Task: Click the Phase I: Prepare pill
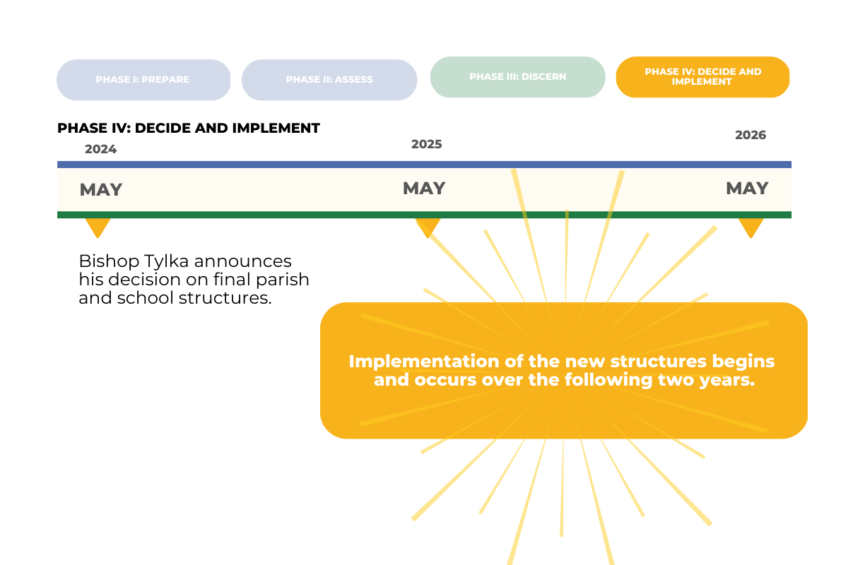tap(143, 80)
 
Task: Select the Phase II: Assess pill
tap(329, 80)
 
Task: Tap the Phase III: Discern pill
tap(517, 77)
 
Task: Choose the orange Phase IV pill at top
tap(702, 77)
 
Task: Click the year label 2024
tap(100, 149)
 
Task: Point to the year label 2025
tap(427, 144)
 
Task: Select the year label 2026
tap(750, 135)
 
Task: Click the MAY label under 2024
tap(101, 189)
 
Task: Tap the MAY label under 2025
tap(424, 188)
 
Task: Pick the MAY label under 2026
tap(748, 188)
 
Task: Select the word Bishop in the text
tap(109, 261)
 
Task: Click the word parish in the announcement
tap(283, 280)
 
